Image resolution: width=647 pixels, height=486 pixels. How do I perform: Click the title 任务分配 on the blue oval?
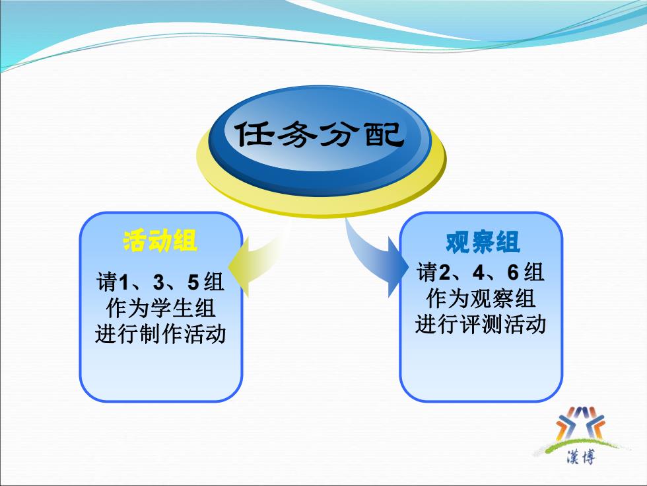[319, 134]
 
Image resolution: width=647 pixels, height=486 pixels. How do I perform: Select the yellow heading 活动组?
[160, 241]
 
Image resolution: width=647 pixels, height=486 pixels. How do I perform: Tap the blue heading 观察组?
[483, 242]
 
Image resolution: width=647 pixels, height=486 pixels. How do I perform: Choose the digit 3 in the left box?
[159, 282]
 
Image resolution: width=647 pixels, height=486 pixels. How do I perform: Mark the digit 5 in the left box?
[193, 282]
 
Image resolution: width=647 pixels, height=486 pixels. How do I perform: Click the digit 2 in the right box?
[444, 272]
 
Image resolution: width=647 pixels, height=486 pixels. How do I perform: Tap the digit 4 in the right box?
[479, 272]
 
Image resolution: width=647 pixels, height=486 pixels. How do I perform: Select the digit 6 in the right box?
[513, 272]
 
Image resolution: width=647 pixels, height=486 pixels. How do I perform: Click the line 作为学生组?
[160, 308]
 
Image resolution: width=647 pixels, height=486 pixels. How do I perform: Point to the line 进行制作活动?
[160, 333]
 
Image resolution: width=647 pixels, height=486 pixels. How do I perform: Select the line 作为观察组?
[481, 298]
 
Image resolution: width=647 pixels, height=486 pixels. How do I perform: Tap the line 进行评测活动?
[481, 323]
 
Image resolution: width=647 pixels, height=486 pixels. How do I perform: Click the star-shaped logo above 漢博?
[580, 424]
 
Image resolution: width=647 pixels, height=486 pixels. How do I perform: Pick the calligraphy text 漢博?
[581, 457]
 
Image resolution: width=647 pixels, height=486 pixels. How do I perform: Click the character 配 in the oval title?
[384, 134]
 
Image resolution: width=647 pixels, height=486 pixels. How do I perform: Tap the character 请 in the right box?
[427, 272]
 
